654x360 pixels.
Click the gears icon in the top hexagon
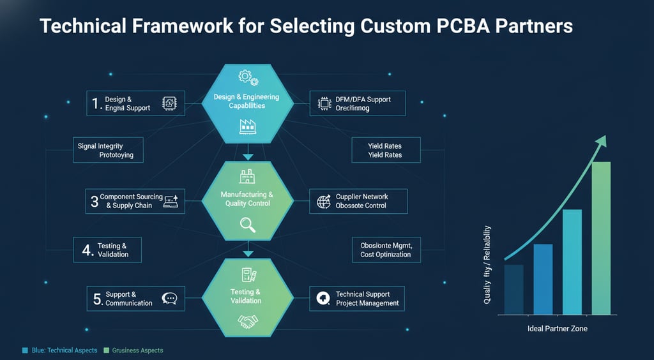coord(246,77)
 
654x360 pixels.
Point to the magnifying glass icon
coord(247,224)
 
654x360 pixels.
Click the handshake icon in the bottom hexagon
coord(247,320)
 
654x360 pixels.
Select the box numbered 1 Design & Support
coord(135,103)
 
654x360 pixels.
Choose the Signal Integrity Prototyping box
coord(106,151)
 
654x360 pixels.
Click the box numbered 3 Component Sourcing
coord(135,201)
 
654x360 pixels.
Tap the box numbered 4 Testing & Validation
coord(106,250)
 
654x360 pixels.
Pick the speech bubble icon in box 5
coord(170,298)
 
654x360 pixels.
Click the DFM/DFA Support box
coord(357,103)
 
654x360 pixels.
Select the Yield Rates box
coord(386,151)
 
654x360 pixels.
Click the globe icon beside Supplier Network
coord(323,201)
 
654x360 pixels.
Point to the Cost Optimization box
coord(386,250)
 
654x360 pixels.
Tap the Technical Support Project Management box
coord(357,298)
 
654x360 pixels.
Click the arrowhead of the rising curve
coord(600,141)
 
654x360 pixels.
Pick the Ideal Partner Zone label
coord(557,328)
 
